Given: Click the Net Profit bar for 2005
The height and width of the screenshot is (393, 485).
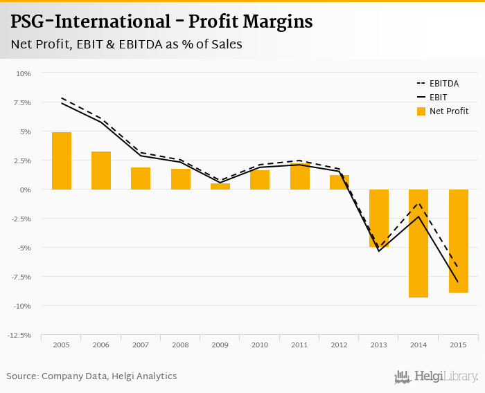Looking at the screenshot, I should coord(62,161).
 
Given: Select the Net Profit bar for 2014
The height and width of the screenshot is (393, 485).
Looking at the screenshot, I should coord(418,243).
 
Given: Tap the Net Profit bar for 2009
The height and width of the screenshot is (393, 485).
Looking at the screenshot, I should coord(220,186).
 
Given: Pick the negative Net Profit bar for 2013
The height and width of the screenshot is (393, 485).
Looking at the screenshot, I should coord(379,218).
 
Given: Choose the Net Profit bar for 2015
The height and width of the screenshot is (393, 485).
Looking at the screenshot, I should coord(459,241).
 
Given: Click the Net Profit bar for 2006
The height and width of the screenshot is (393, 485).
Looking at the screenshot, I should coord(101,170).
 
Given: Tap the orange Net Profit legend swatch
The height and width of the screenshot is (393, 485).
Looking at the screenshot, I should coord(421,111).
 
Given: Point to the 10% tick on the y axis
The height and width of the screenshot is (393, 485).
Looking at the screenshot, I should coord(24,73).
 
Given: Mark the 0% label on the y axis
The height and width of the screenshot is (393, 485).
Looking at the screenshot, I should coord(26,190).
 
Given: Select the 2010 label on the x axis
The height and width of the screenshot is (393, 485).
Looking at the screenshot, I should coord(260,345).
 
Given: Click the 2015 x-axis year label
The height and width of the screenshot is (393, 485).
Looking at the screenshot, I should coord(459,345).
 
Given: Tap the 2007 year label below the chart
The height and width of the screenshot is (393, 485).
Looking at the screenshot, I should coord(141,345).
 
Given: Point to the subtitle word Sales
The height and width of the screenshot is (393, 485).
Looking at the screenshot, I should coord(225,44).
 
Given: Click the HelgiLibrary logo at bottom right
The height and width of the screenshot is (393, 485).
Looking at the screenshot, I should coord(436,376).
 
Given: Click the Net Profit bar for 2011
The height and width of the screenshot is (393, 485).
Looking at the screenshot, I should coord(299,176).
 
